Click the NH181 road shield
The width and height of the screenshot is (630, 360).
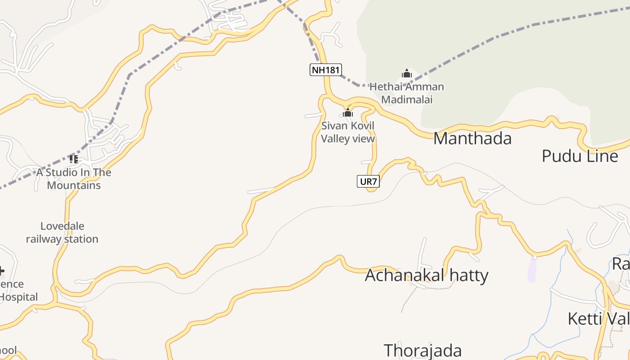[326, 70]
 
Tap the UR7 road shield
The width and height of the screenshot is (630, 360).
[368, 181]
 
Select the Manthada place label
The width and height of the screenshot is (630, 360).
[472, 139]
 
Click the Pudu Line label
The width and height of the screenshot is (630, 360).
[580, 156]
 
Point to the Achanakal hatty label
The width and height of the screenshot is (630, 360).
[426, 275]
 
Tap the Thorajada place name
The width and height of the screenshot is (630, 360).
[423, 351]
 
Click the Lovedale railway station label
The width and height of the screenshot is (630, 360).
[62, 233]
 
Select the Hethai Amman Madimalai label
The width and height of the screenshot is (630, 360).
[407, 93]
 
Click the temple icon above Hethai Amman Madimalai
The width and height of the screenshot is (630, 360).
[407, 73]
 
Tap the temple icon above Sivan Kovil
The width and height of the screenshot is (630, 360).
[348, 112]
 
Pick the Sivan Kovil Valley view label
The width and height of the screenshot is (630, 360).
[348, 132]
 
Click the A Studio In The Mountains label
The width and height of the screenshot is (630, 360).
[74, 179]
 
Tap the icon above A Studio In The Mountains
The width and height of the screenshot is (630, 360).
[74, 159]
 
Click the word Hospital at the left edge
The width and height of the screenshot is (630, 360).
[19, 297]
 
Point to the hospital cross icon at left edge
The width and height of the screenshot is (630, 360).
[1, 271]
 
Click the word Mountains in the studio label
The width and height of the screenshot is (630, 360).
[74, 185]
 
